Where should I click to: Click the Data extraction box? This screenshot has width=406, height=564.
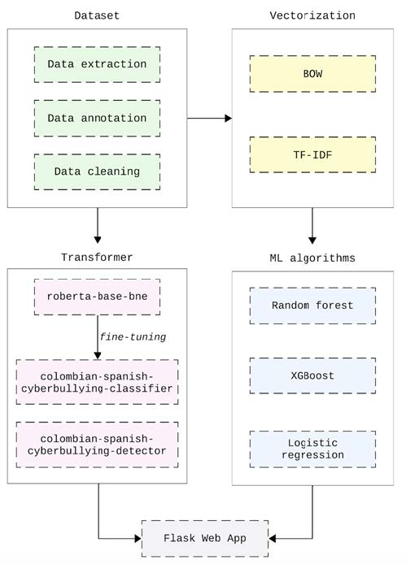pos(98,64)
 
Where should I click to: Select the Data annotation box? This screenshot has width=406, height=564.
pos(98,119)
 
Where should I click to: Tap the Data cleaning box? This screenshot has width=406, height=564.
pos(98,171)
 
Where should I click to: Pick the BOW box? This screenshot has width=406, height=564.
pos(312,74)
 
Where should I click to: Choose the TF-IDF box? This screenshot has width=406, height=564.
pos(312,154)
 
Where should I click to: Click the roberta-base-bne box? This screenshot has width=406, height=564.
pos(98,297)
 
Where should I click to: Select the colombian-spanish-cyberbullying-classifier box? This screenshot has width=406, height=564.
pos(98,382)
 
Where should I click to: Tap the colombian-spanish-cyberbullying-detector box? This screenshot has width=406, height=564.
pos(98,445)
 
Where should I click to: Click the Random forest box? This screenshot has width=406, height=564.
pos(312,306)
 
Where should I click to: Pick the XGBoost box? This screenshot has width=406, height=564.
pos(312,376)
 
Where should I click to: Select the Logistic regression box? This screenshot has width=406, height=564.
pos(312,449)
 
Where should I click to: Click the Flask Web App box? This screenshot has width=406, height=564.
pos(205,539)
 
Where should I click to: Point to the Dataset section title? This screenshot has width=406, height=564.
pos(97,15)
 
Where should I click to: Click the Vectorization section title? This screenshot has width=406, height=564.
pos(312,15)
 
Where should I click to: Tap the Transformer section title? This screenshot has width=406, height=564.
pos(97,258)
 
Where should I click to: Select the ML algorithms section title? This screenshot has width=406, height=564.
pos(312,258)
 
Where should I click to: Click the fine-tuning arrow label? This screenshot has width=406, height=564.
pos(133,337)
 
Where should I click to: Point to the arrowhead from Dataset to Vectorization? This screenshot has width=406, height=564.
pos(229,119)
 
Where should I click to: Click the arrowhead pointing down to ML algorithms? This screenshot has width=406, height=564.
pos(312,241)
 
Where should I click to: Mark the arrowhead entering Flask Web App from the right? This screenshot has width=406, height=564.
pos(273,539)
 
